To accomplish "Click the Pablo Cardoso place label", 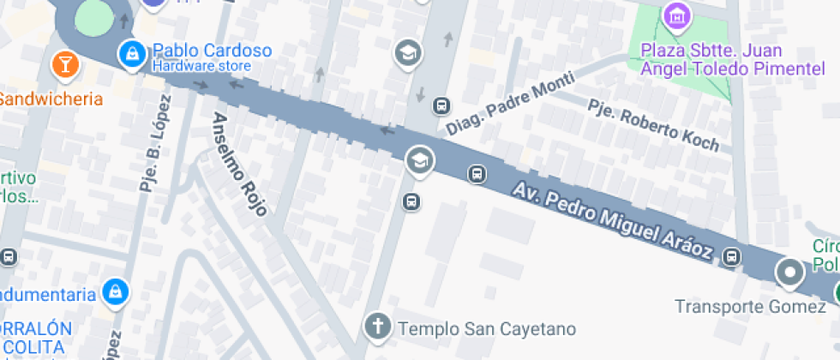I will point(212,50).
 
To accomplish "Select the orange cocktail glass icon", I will point(64,63).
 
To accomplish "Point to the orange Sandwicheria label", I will point(50,98).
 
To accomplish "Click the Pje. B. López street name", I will point(154,141).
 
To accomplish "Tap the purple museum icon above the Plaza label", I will point(676,14).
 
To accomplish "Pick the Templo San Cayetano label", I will point(487,327).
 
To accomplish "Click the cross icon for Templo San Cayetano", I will point(376,326).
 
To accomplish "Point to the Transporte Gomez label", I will point(750,306).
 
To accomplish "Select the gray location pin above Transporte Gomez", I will point(789,273).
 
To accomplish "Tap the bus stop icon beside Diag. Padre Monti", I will point(441,106).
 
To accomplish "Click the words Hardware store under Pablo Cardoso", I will point(201,66).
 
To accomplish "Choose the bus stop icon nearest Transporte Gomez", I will point(732,256).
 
